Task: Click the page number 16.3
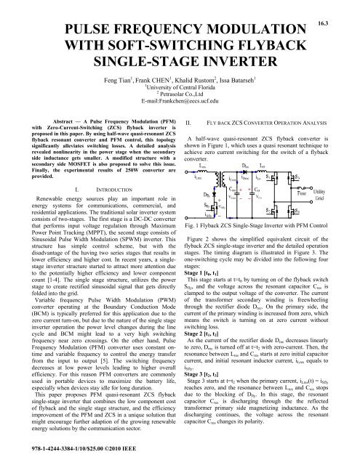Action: (x=338, y=7)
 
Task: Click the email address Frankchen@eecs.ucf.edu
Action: (x=180, y=113)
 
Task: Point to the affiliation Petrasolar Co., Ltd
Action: (x=181, y=104)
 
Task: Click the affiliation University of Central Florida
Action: (x=181, y=95)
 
